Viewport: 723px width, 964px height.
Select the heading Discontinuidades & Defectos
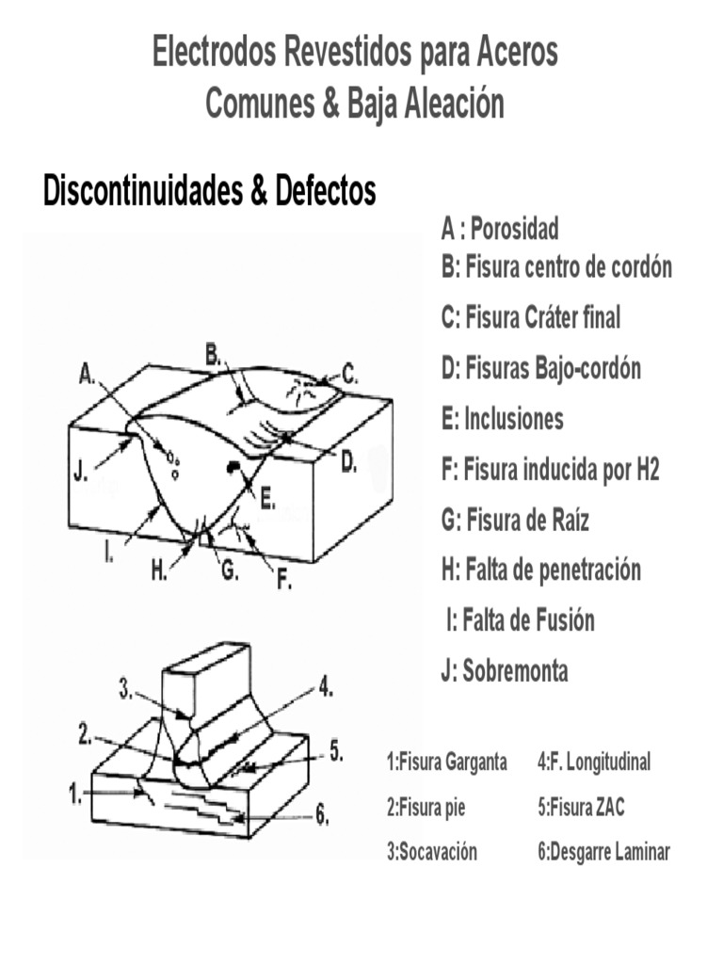[x=210, y=191]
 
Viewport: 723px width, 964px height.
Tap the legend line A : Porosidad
[x=500, y=229]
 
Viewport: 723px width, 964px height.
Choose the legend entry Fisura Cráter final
[x=531, y=318]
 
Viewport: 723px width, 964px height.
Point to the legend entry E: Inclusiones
[x=502, y=419]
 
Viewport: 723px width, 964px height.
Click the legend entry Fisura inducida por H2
[x=550, y=470]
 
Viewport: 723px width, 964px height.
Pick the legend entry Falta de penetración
[x=541, y=570]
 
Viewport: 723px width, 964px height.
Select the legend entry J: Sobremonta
[x=505, y=672]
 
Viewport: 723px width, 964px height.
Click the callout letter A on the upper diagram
[x=87, y=375]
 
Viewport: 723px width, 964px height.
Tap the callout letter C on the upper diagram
[x=349, y=374]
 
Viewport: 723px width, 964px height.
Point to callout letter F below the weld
[x=283, y=582]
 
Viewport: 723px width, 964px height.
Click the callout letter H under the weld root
[x=158, y=571]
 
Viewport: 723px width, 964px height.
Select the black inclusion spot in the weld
[x=229, y=466]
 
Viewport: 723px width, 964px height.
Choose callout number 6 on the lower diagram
[x=322, y=816]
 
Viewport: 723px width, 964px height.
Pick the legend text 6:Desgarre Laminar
[x=603, y=853]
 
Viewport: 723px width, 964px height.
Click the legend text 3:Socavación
[x=432, y=853]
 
